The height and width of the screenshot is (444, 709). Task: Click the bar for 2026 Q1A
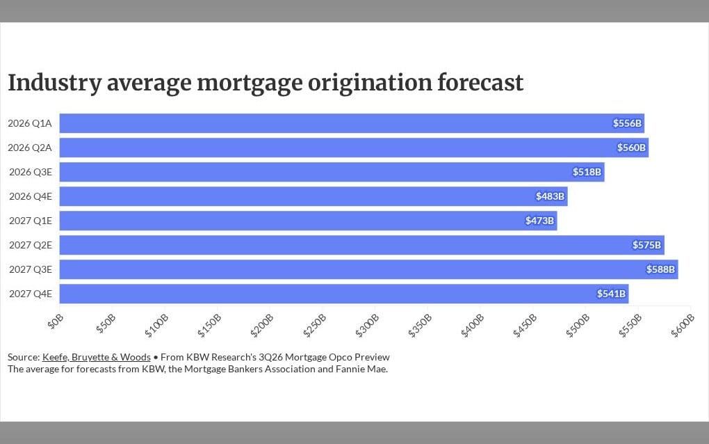352,123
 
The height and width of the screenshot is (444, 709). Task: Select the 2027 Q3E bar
369,269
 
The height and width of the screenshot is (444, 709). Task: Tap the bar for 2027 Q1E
309,221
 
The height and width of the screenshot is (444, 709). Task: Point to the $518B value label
587,172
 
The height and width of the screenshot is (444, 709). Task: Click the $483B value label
550,196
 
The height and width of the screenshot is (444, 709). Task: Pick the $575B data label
646,245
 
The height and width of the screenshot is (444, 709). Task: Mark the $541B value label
611,294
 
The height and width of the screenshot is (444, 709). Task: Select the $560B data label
631,148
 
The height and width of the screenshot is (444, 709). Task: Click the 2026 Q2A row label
30,148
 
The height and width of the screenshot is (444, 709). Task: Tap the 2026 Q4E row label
31,196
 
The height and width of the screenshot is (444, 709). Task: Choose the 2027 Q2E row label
31,245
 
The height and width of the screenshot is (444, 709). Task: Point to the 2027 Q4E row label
31,294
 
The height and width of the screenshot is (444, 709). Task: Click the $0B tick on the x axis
56,322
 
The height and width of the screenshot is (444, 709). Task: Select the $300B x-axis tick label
367,326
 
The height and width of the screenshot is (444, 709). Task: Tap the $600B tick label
683,326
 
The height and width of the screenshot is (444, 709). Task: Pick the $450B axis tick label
525,326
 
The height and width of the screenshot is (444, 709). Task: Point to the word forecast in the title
480,83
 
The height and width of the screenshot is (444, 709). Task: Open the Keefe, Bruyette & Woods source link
97,357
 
